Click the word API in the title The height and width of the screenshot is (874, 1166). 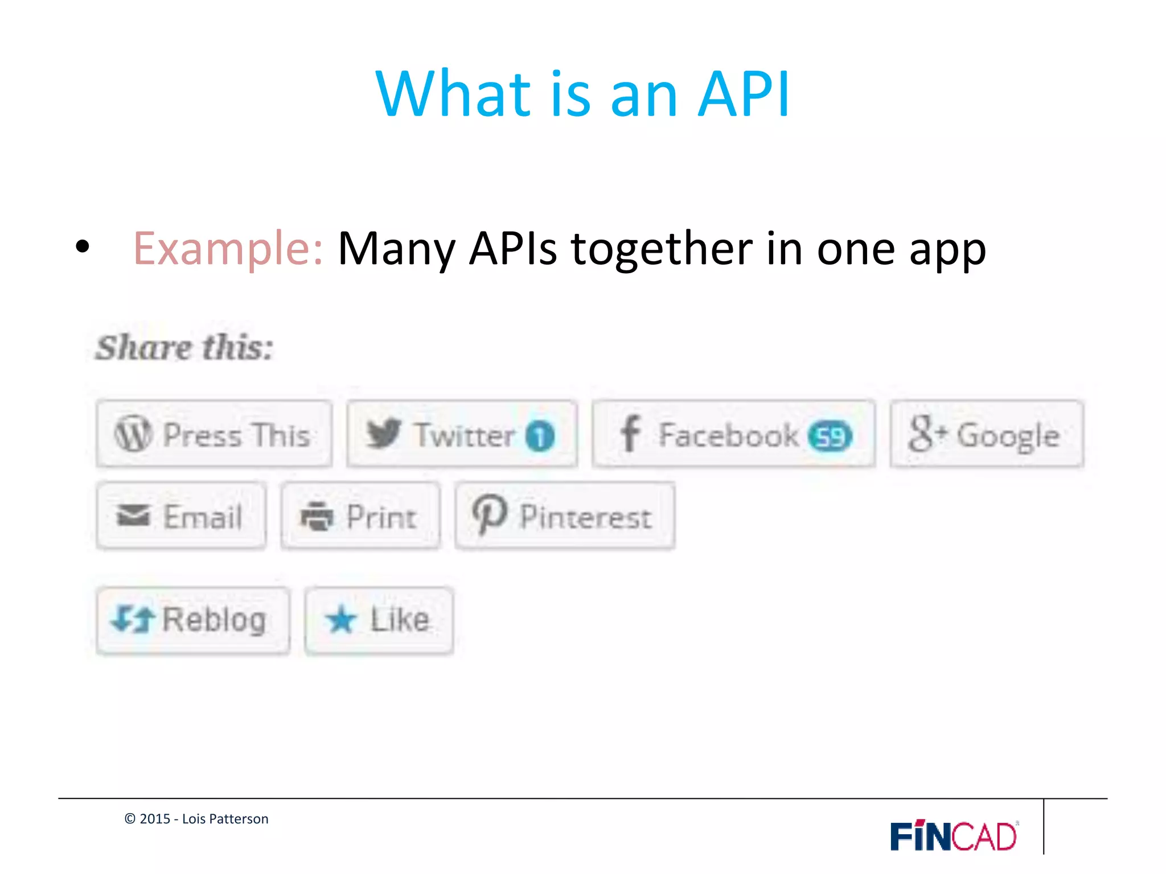(x=744, y=94)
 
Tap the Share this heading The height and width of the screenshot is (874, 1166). (x=184, y=348)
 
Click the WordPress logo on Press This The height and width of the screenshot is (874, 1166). (x=133, y=434)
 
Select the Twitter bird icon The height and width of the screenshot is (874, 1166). (x=383, y=434)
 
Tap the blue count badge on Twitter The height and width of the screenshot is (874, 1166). (x=540, y=436)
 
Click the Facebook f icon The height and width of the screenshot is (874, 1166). (x=630, y=434)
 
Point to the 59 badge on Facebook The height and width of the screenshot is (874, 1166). (x=830, y=436)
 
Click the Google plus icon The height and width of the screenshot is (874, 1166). (x=927, y=434)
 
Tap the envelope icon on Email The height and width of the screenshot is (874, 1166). (x=133, y=516)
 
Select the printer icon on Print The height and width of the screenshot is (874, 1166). (x=317, y=516)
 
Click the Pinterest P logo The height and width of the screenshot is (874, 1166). (x=489, y=514)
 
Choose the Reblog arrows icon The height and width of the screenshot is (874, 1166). (x=133, y=619)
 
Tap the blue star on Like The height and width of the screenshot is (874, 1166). (x=342, y=620)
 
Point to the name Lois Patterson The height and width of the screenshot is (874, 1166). (x=225, y=819)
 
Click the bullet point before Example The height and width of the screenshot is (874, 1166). (x=83, y=247)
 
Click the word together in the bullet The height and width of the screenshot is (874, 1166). (x=662, y=249)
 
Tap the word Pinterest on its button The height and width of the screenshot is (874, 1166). (x=585, y=517)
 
